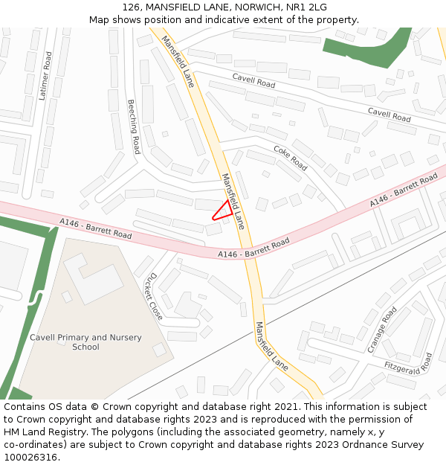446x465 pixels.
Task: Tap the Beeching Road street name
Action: click(x=133, y=126)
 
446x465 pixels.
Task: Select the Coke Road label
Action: click(x=290, y=157)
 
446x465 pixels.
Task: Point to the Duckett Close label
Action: click(x=154, y=296)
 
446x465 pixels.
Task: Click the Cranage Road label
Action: click(x=382, y=330)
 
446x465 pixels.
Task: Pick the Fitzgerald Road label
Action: click(x=408, y=366)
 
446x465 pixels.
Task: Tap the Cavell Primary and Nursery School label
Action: click(x=85, y=342)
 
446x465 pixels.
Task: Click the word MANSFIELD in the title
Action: click(x=173, y=7)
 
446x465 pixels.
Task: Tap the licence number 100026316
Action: click(x=31, y=458)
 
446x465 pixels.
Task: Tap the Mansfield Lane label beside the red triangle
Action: click(x=233, y=201)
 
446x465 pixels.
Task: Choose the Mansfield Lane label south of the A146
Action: click(x=271, y=347)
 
